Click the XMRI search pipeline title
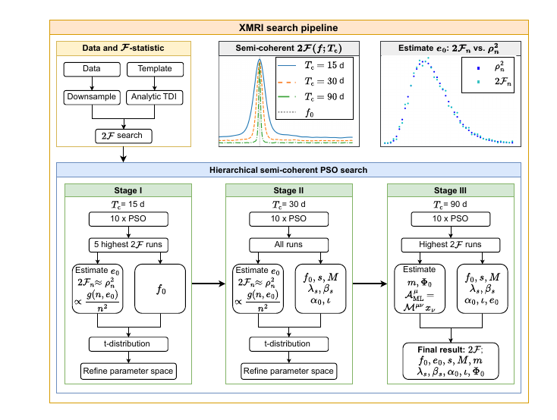[278, 27]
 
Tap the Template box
[155, 69]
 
